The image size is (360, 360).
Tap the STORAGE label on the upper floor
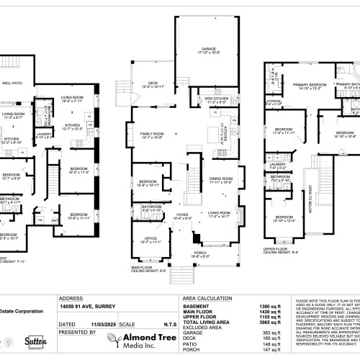[x=274, y=101]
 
